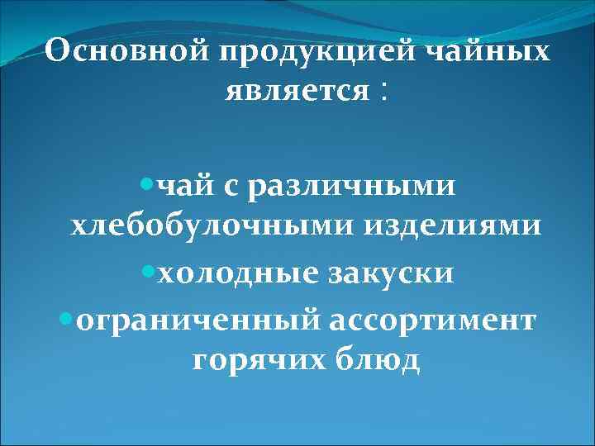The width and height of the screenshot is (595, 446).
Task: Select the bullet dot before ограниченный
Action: click(65, 316)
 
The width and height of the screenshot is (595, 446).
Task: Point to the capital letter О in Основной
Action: click(57, 52)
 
